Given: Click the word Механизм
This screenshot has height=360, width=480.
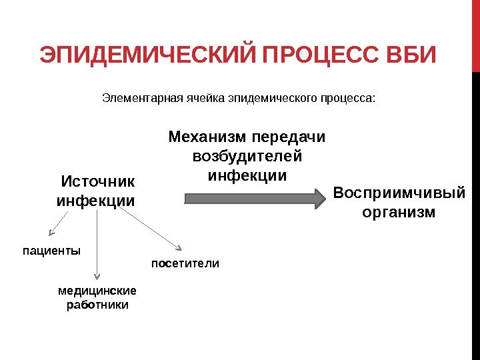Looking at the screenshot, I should pos(206,137).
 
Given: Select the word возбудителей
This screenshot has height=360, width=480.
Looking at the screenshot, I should pos(247,157).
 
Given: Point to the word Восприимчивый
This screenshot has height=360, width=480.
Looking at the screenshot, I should pos(399,193).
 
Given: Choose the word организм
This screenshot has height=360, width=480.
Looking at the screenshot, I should pos(399,213).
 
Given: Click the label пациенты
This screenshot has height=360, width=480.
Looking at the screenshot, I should pos(52,251).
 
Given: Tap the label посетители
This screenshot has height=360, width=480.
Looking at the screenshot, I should pos(185,263).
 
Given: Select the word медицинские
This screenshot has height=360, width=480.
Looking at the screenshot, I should pos(97,291).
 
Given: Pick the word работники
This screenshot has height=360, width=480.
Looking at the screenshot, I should pos(97,305).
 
